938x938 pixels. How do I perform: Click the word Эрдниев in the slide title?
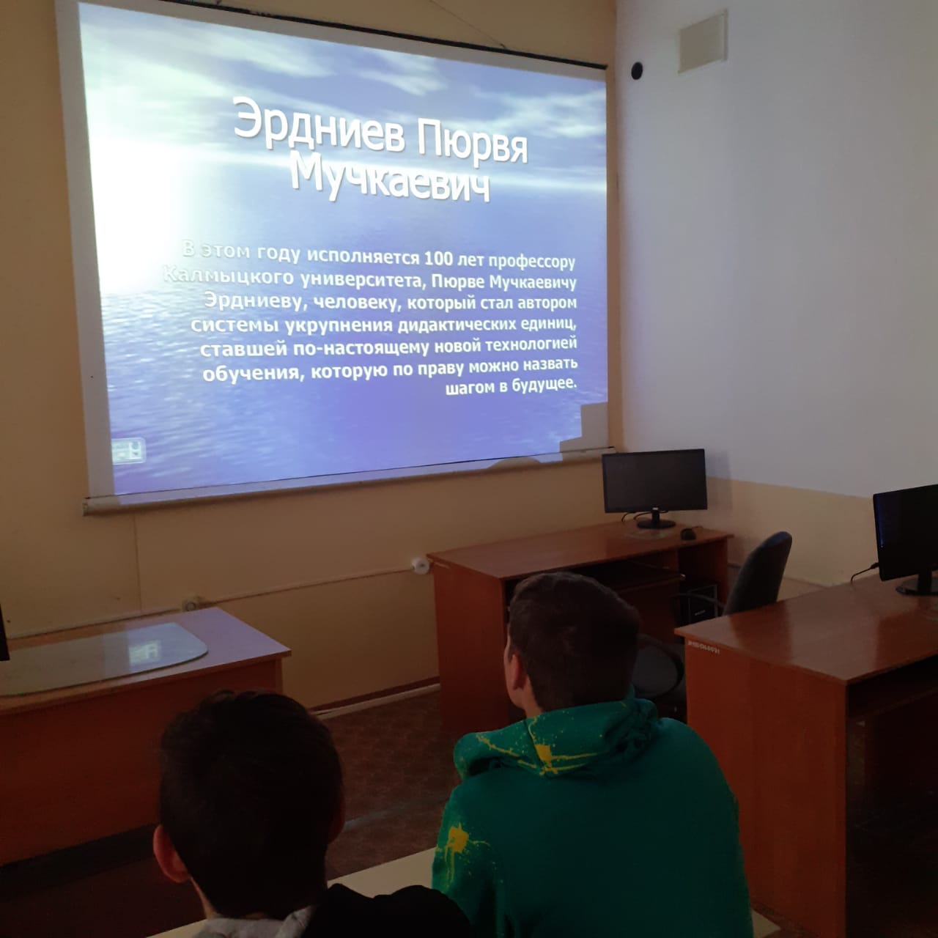click(x=319, y=125)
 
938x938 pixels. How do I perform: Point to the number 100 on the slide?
click(x=438, y=259)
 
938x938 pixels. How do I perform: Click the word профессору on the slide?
click(x=531, y=262)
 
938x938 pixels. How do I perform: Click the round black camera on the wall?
click(x=637, y=70)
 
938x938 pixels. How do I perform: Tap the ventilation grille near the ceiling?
click(x=703, y=42)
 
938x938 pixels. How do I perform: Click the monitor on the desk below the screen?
click(x=654, y=487)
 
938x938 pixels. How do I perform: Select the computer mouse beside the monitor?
click(x=688, y=534)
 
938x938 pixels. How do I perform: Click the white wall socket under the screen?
click(x=419, y=565)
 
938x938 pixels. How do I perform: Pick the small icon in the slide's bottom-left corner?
click(x=128, y=451)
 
